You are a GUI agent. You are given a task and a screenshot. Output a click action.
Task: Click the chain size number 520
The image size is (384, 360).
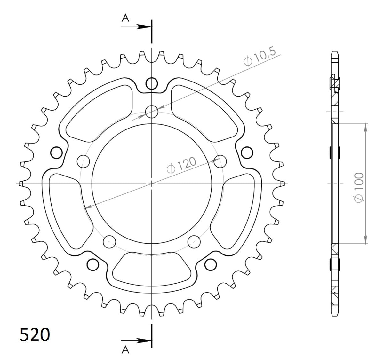pyautogui.click(x=35, y=335)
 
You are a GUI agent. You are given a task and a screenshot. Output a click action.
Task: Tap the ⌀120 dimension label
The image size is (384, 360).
pyautogui.click(x=181, y=165)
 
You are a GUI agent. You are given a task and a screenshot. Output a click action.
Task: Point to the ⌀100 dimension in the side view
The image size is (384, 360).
pyautogui.click(x=358, y=187)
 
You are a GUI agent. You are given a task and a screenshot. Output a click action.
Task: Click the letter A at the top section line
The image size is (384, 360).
pyautogui.click(x=126, y=19)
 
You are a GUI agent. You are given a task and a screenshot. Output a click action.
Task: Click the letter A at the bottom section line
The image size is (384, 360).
pyautogui.click(x=126, y=351)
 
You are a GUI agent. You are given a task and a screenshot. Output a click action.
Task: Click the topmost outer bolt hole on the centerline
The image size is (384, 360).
pyautogui.click(x=152, y=83)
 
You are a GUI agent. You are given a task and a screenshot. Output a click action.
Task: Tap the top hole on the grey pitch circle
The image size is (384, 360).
pyautogui.click(x=152, y=112)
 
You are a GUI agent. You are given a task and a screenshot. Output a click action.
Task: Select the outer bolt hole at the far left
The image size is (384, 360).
pyautogui.click(x=56, y=153)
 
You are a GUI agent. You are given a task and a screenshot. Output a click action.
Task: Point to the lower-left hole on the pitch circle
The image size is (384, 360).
pyautogui.click(x=110, y=240)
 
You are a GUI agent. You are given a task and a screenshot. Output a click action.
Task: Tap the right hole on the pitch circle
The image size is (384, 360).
pyautogui.click(x=220, y=162)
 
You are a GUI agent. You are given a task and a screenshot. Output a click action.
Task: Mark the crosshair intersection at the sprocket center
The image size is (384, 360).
pyautogui.click(x=152, y=184)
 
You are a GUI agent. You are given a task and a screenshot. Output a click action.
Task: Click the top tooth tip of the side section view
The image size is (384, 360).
pyautogui.click(x=335, y=53)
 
